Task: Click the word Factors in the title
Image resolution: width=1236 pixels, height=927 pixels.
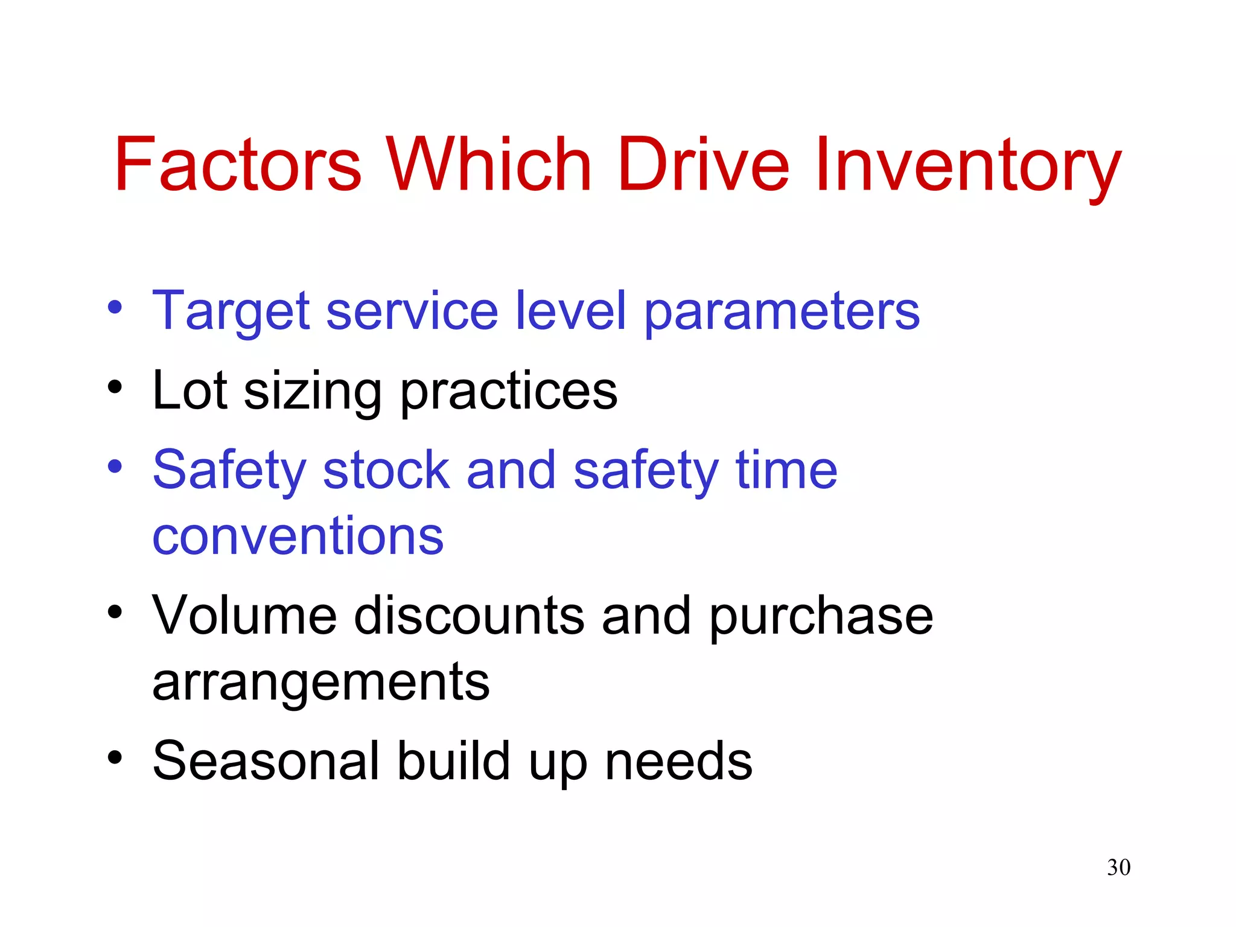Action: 238,164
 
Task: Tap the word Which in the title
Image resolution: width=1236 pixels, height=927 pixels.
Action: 489,164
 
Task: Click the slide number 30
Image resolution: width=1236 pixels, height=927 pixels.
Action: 1118,867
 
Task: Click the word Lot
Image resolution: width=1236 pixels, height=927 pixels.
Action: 190,391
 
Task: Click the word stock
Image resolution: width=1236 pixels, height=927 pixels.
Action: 386,470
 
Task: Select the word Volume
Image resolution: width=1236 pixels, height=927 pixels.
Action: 244,616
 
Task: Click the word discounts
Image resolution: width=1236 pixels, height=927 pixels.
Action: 469,616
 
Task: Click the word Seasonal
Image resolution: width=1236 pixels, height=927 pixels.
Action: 266,761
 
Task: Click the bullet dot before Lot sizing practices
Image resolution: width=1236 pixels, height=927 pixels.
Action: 115,387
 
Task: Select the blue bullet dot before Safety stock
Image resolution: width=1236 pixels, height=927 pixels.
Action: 115,466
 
